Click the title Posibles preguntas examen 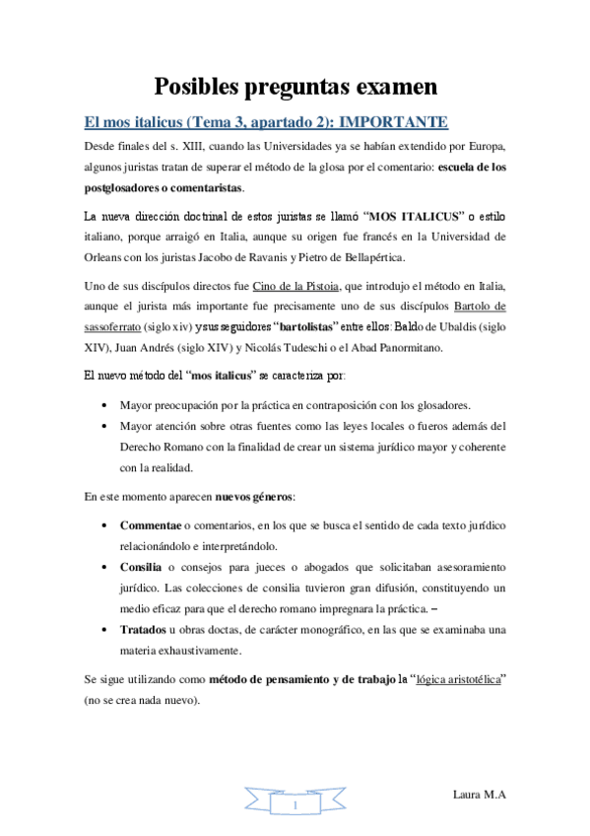(295, 87)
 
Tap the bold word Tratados (140, 629)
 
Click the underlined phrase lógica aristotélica (464, 679)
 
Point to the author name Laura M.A (480, 794)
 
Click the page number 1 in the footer (295, 806)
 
